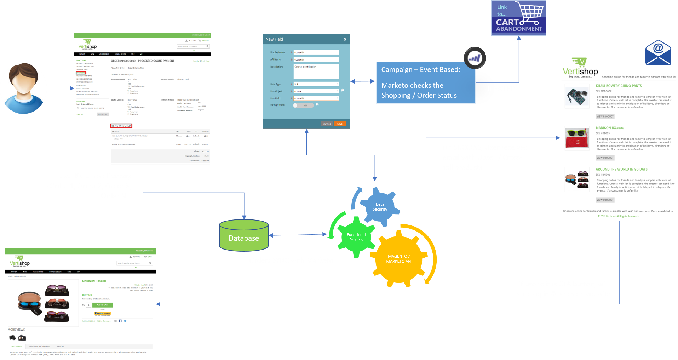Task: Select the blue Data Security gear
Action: (x=380, y=207)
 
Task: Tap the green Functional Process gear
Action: (x=356, y=237)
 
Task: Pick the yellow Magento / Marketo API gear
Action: (x=399, y=259)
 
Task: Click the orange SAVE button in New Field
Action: (x=340, y=124)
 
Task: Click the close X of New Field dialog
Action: (x=345, y=39)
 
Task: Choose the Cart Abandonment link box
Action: (x=519, y=18)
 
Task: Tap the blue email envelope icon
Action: (x=658, y=53)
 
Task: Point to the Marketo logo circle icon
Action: (x=475, y=58)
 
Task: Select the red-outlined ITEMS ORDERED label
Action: (x=121, y=126)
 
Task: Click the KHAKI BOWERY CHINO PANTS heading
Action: (x=619, y=86)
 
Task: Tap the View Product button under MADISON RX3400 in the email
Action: (x=605, y=158)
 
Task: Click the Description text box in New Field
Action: (x=316, y=72)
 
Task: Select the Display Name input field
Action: (x=316, y=52)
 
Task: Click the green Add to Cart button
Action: (x=103, y=305)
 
